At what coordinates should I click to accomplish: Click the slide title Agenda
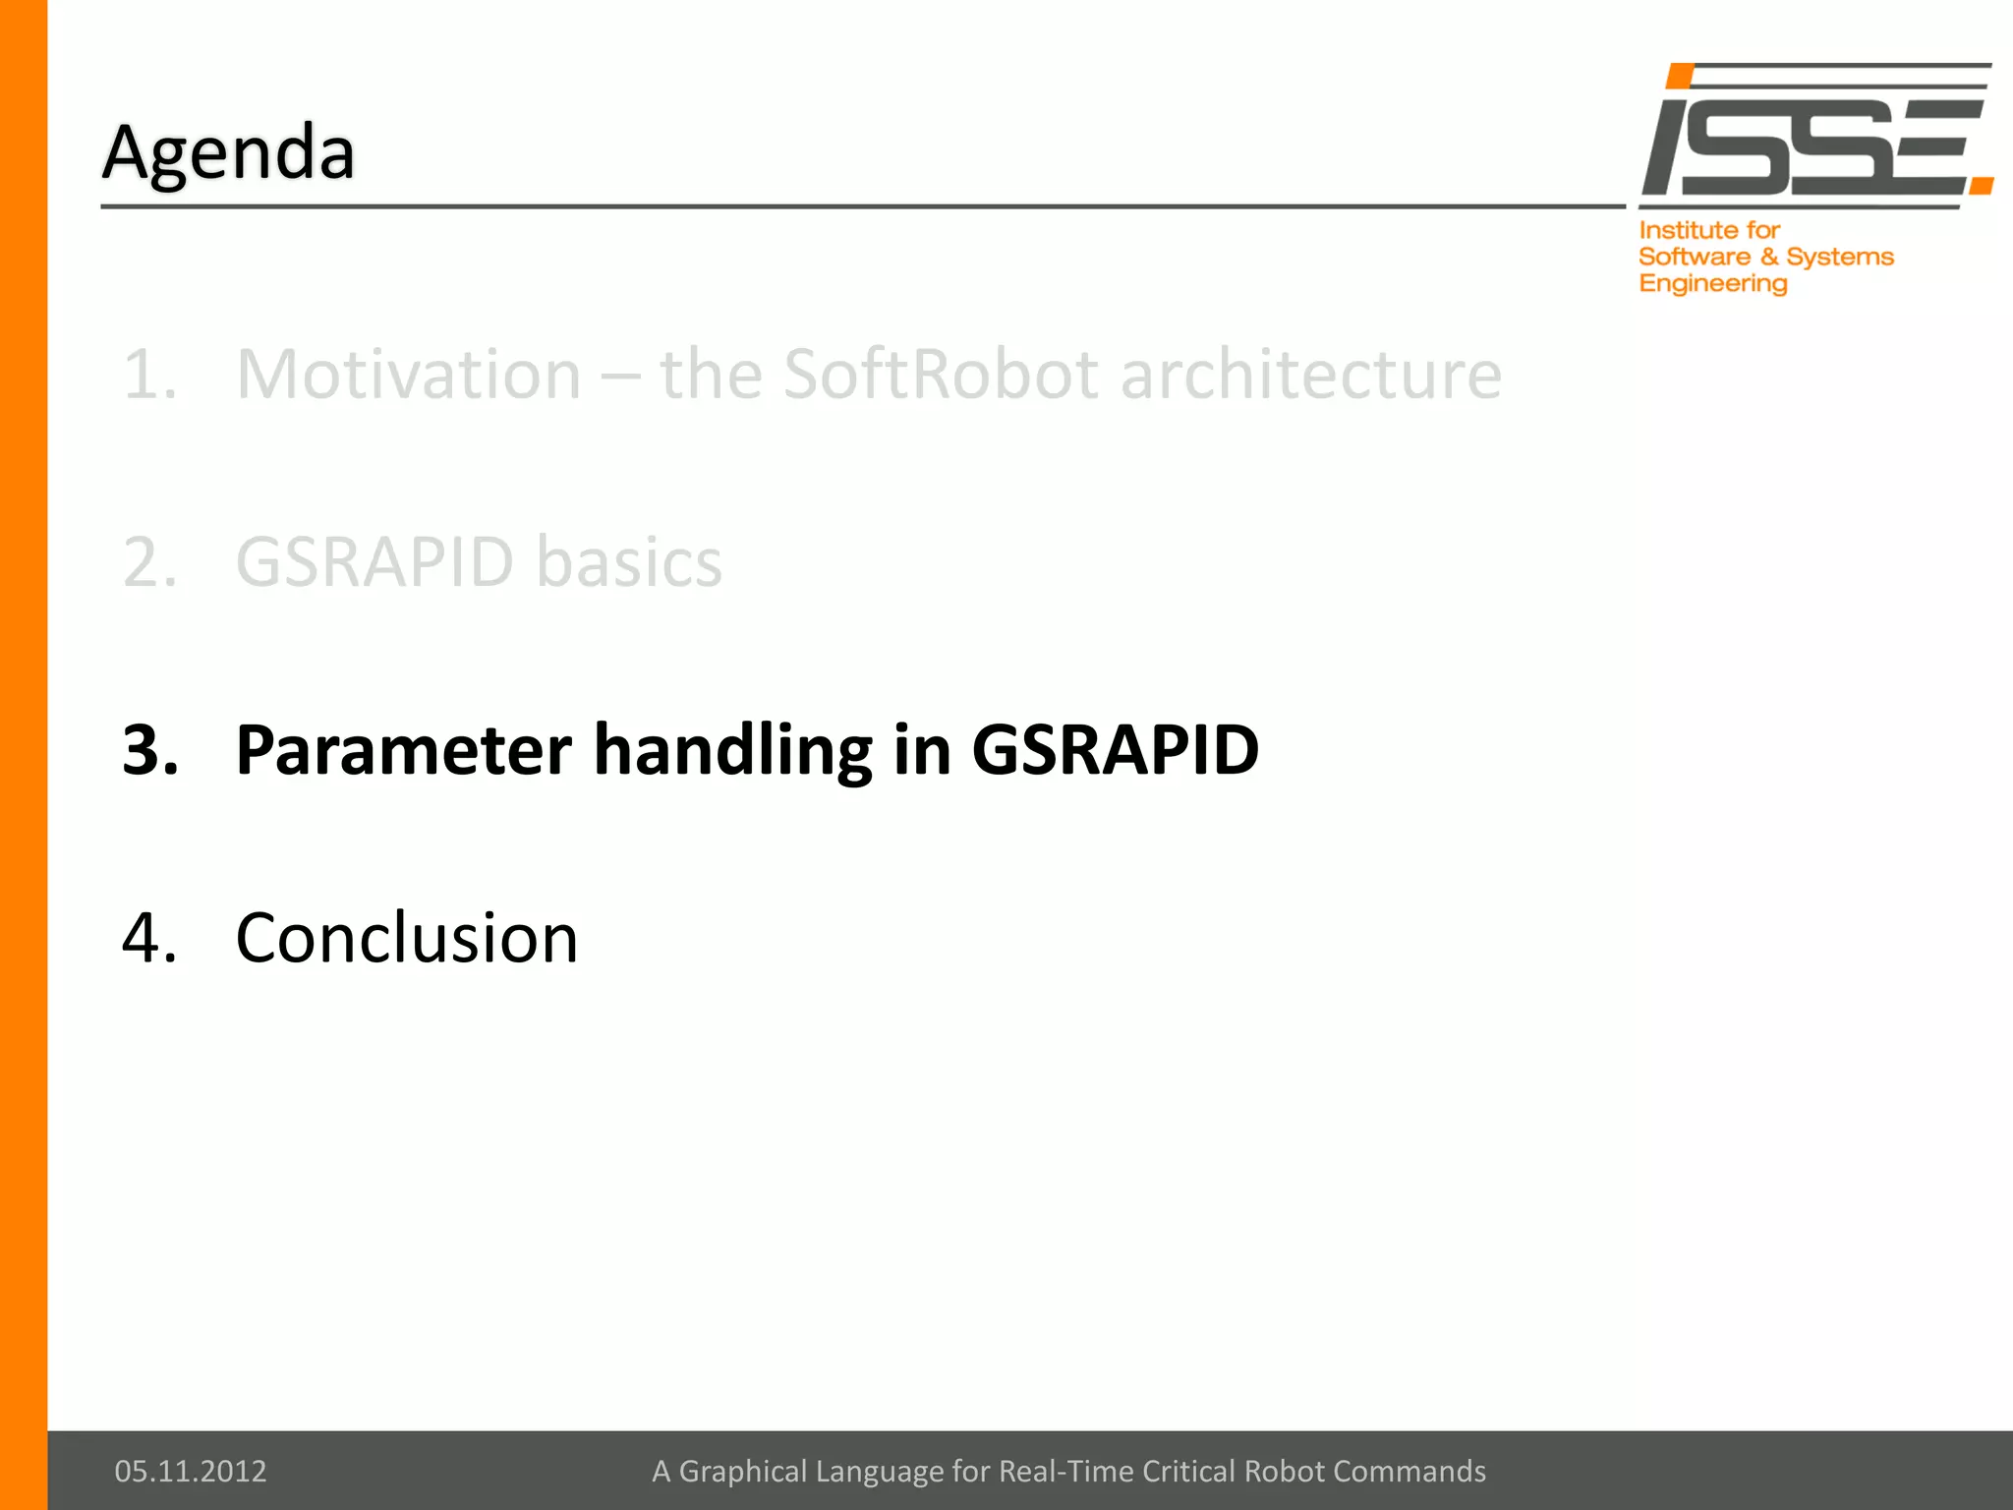pyautogui.click(x=228, y=152)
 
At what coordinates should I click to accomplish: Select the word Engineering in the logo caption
pyautogui.click(x=1712, y=284)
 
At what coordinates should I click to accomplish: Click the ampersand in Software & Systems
pyautogui.click(x=1769, y=257)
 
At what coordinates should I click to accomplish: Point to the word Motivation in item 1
pyautogui.click(x=409, y=375)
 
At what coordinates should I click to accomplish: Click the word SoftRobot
pyautogui.click(x=940, y=375)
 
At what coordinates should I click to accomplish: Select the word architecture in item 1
pyautogui.click(x=1311, y=375)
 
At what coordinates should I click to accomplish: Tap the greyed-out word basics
pyautogui.click(x=629, y=562)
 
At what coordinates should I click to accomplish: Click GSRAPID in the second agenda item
pyautogui.click(x=374, y=562)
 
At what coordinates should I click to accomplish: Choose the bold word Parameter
pyautogui.click(x=403, y=750)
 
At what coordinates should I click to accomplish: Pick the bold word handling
pyautogui.click(x=732, y=750)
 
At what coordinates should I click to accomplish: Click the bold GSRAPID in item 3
pyautogui.click(x=1115, y=750)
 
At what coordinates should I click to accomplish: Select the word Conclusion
pyautogui.click(x=407, y=938)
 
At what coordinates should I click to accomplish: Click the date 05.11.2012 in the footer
pyautogui.click(x=191, y=1471)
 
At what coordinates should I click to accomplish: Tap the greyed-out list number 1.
pyautogui.click(x=147, y=375)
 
